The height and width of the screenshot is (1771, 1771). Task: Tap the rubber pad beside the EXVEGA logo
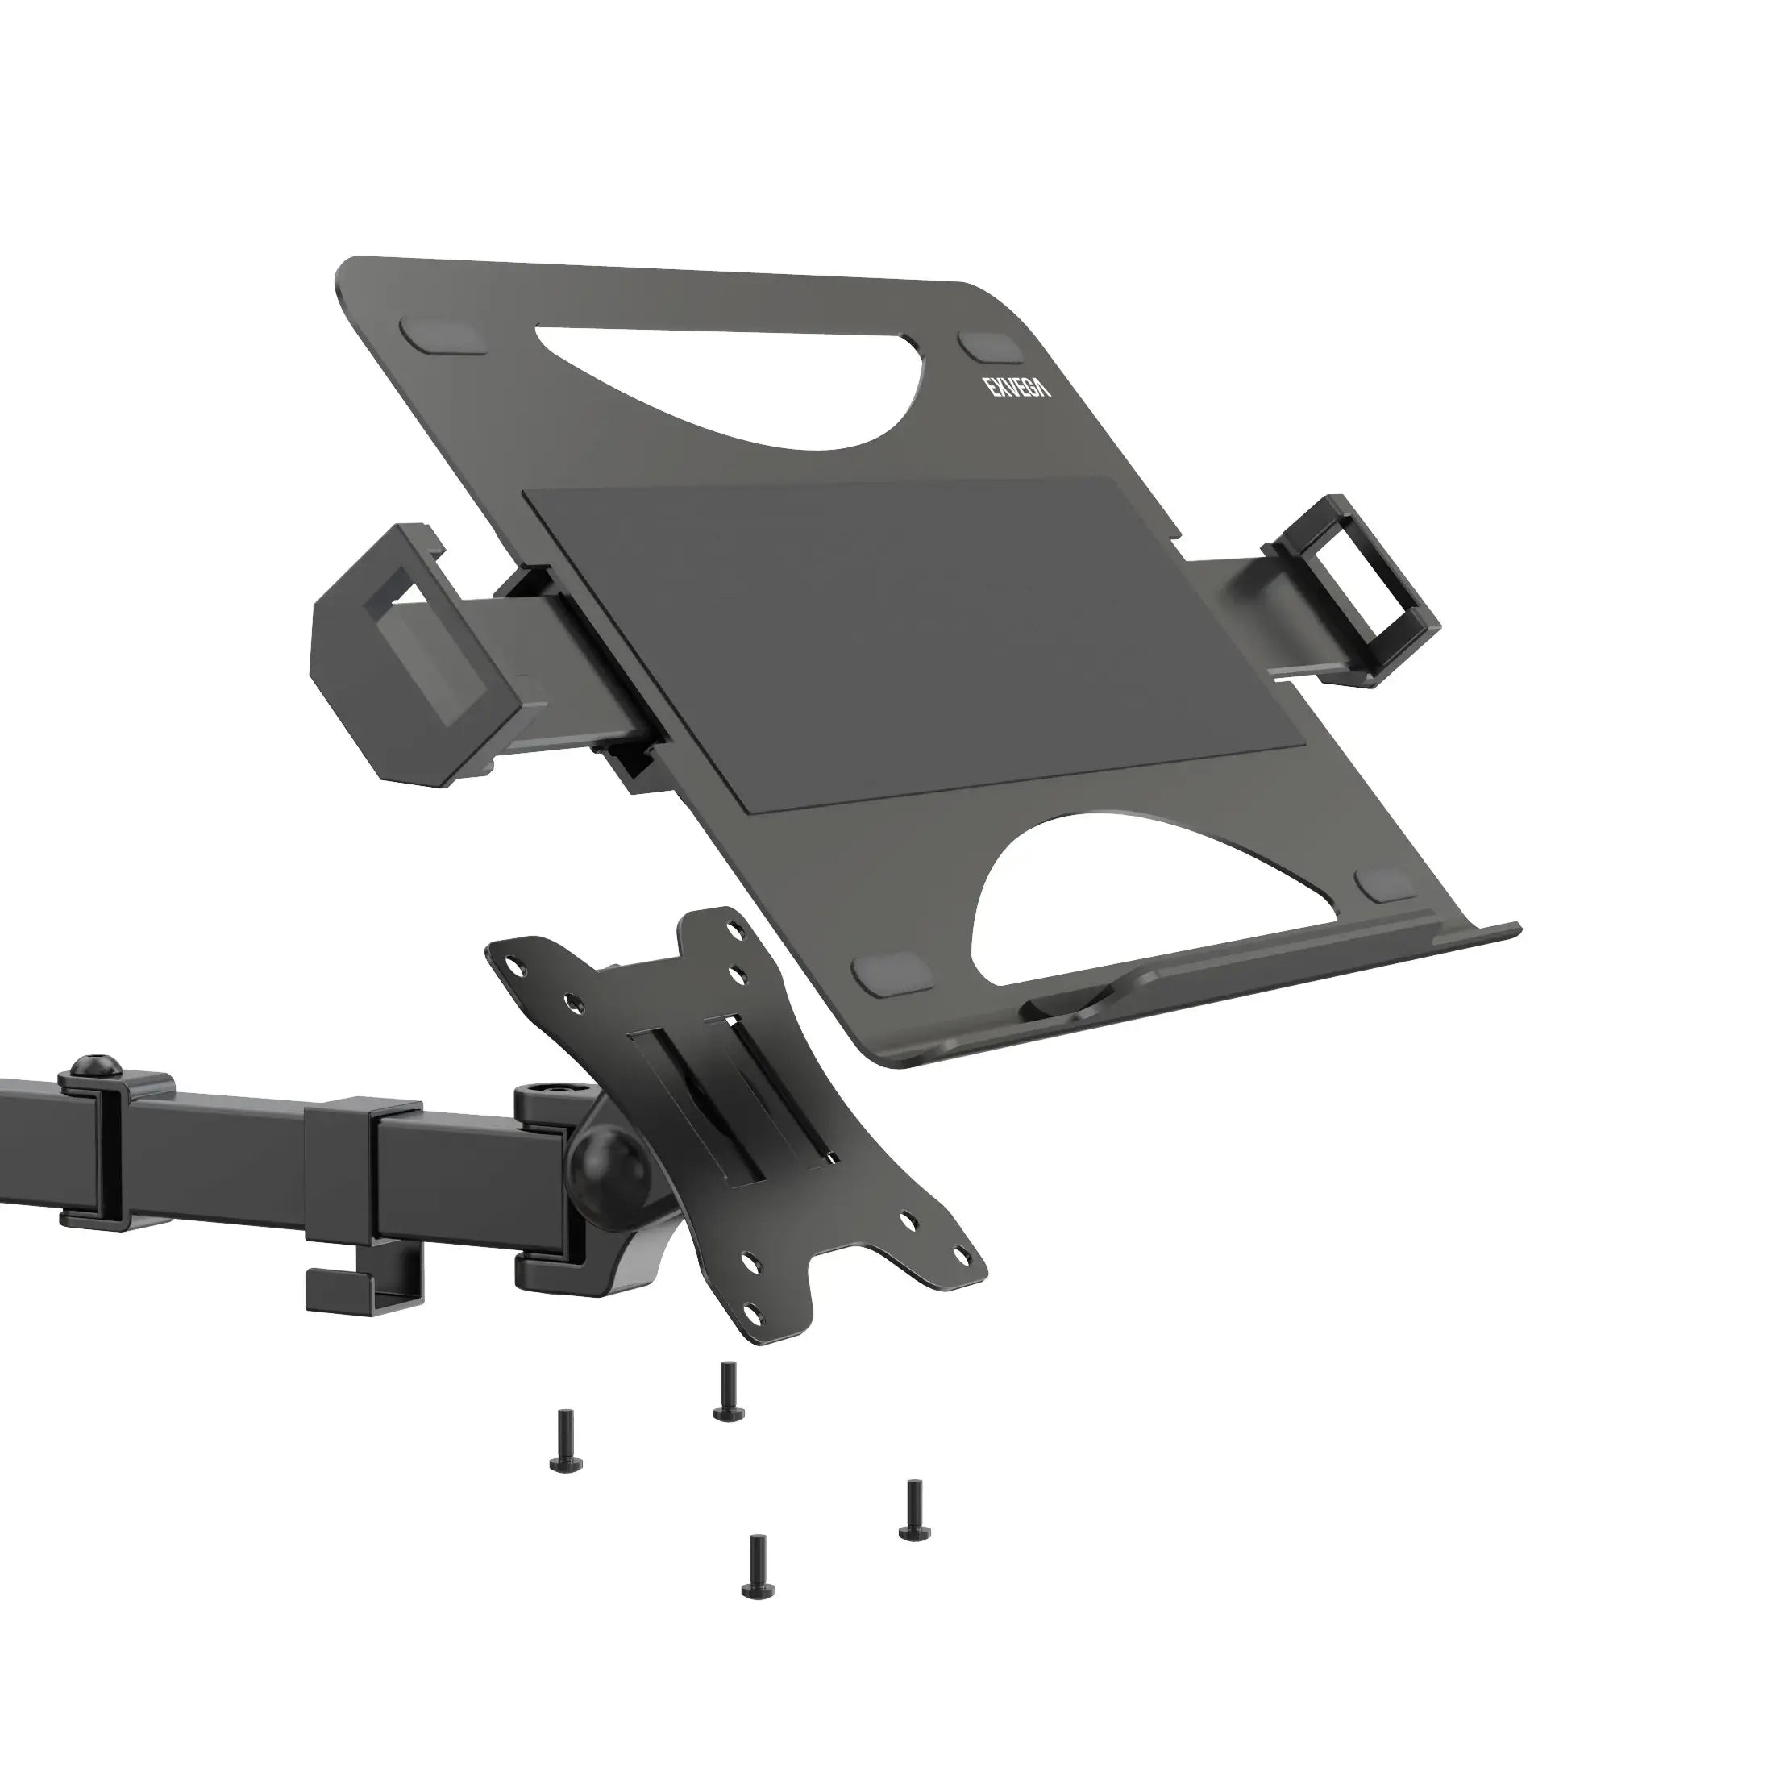[991, 348]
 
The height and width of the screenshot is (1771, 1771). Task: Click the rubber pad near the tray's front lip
[1387, 885]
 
